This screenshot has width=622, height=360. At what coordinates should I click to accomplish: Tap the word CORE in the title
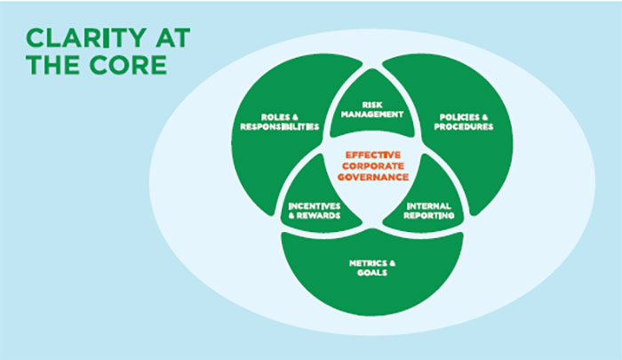pyautogui.click(x=128, y=65)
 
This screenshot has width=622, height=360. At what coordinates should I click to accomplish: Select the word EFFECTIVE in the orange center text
pyautogui.click(x=373, y=155)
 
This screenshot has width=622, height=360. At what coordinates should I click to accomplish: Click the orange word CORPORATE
pyautogui.click(x=373, y=166)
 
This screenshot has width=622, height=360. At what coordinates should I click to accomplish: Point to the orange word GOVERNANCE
pyautogui.click(x=373, y=177)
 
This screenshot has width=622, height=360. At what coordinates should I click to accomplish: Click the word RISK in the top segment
pyautogui.click(x=372, y=105)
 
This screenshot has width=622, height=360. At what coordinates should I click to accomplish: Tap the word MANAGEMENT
pyautogui.click(x=372, y=115)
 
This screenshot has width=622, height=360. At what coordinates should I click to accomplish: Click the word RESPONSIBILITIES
pyautogui.click(x=280, y=127)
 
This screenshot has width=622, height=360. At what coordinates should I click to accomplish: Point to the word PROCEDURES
pyautogui.click(x=463, y=127)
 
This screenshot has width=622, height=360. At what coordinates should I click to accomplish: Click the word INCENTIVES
pyautogui.click(x=315, y=206)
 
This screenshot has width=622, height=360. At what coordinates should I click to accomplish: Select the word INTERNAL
pyautogui.click(x=429, y=206)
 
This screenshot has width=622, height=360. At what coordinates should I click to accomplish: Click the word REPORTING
pyautogui.click(x=429, y=216)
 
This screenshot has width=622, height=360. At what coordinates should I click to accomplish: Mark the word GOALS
pyautogui.click(x=372, y=273)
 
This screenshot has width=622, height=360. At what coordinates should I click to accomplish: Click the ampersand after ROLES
pyautogui.click(x=295, y=117)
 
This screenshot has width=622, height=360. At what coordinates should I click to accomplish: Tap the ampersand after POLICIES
pyautogui.click(x=483, y=117)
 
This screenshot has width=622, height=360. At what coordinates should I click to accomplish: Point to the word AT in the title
pyautogui.click(x=173, y=38)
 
